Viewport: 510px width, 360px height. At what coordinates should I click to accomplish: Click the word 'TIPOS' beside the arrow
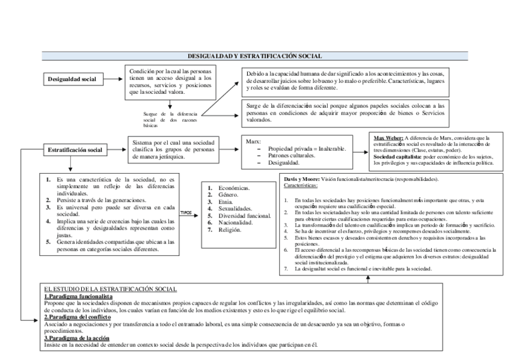click(x=186, y=212)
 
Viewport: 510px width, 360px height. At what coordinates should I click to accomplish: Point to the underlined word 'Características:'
click(x=301, y=186)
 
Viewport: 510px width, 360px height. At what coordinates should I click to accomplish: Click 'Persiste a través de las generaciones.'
click(x=102, y=199)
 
